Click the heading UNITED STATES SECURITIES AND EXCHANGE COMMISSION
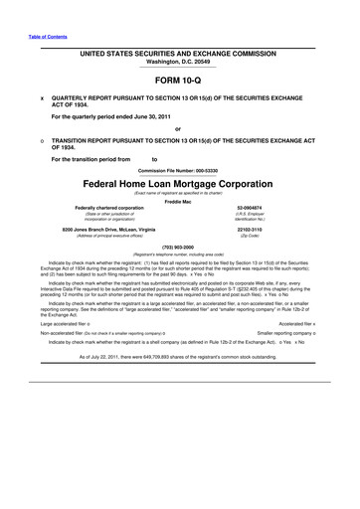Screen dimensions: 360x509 coord(179,49)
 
